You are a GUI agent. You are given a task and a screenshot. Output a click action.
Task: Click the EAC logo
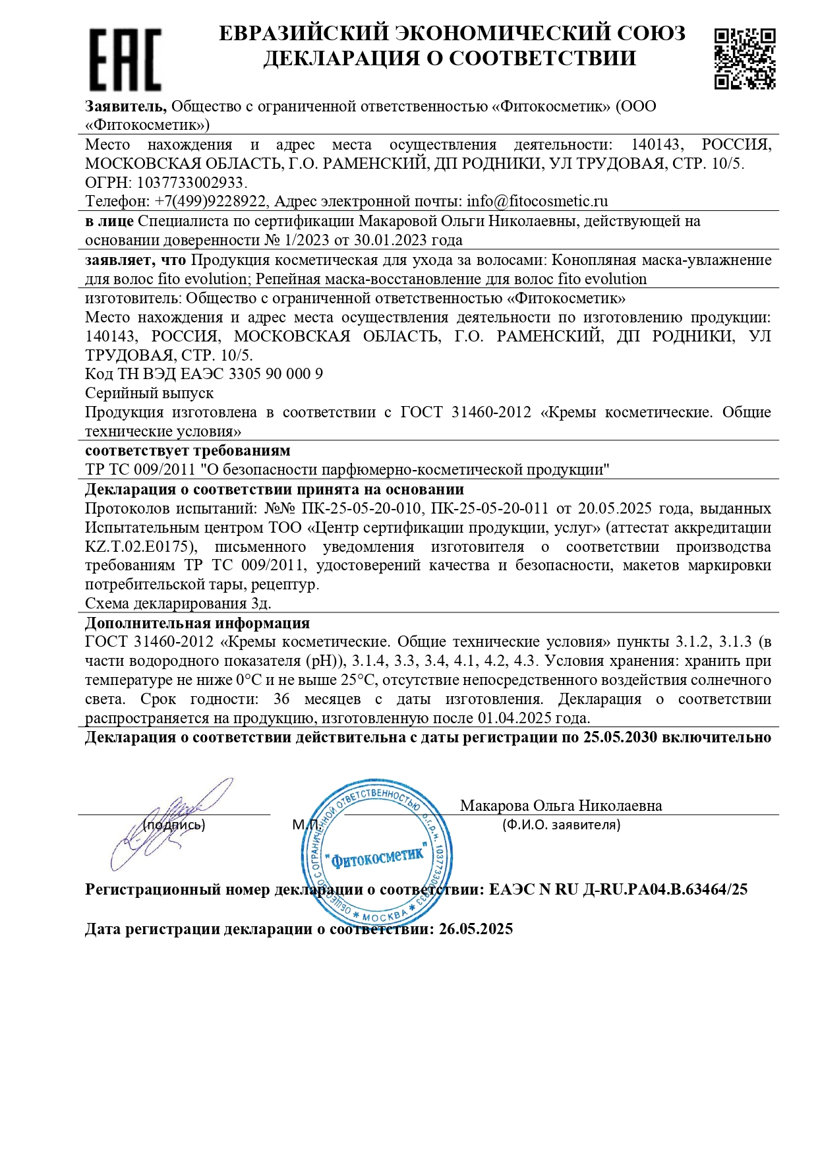tap(125, 59)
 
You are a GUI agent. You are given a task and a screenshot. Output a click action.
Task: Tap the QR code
tap(745, 58)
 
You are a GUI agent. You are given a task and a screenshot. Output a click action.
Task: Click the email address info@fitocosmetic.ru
tap(537, 201)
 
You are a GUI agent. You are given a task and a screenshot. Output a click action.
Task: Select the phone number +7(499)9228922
tap(211, 201)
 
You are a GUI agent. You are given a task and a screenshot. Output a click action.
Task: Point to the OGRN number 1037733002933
tap(191, 183)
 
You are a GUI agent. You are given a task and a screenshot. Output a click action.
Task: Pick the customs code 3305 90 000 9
tap(276, 374)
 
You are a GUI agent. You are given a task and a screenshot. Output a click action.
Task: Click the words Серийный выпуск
tap(150, 393)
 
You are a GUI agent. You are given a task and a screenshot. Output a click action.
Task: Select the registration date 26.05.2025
tap(476, 929)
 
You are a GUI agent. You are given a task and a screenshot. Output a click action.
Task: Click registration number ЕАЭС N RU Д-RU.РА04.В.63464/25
tap(618, 889)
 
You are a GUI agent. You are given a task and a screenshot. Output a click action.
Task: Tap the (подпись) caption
tap(174, 825)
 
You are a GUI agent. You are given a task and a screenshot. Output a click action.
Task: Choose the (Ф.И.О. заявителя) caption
tap(561, 825)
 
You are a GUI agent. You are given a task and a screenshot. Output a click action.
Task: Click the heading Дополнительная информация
tap(197, 623)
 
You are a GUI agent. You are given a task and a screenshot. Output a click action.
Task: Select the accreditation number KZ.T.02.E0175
tap(140, 547)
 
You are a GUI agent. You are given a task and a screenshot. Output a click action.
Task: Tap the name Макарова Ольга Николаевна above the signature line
tap(561, 806)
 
